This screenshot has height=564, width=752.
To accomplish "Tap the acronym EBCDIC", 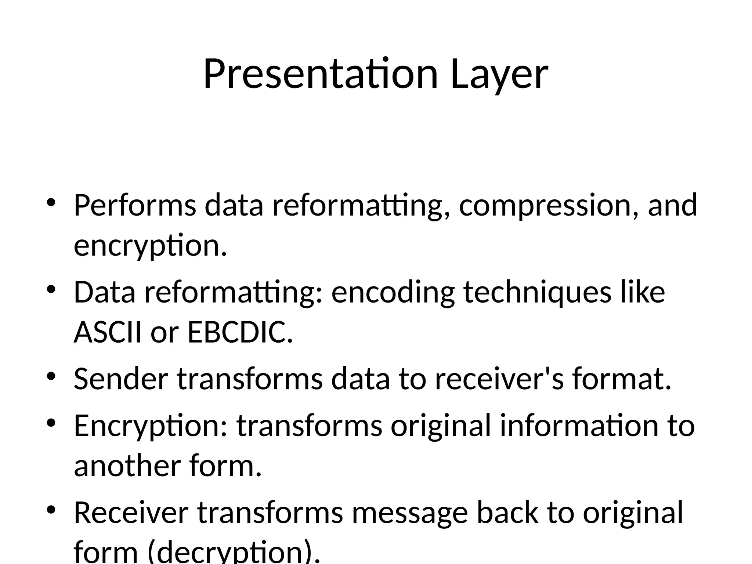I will click(240, 332).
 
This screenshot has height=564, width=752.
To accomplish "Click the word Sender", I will click(121, 379).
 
